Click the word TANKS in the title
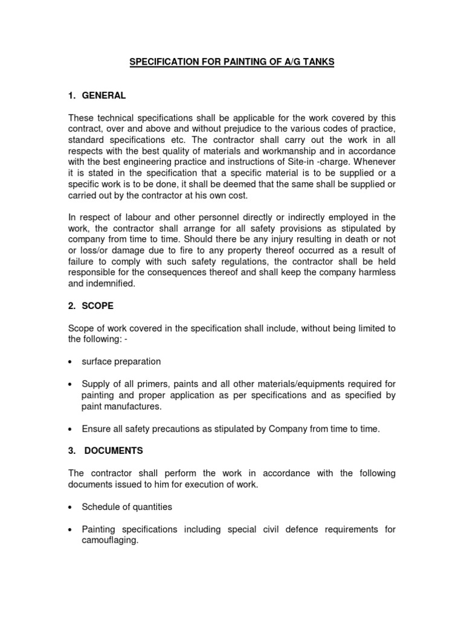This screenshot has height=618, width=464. pos(315,62)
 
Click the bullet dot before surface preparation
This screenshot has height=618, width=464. pos(71,362)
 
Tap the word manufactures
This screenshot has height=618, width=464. pos(133,406)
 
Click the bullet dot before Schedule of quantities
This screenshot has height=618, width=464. pos(71,508)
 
